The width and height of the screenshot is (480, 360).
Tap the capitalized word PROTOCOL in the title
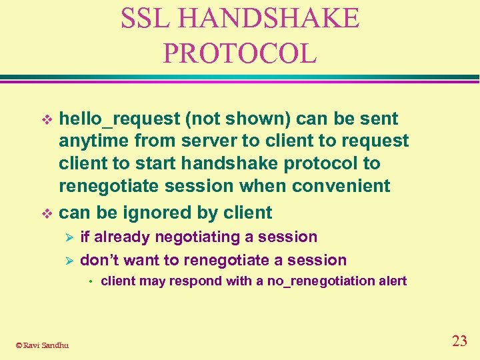(x=239, y=53)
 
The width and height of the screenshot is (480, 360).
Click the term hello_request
(x=119, y=119)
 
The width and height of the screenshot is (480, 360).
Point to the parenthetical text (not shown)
(x=237, y=119)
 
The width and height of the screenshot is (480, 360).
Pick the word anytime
(x=94, y=141)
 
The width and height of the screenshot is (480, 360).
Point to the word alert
(x=391, y=281)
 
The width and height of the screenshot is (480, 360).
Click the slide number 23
(x=459, y=341)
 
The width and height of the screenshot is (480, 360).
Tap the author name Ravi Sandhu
(x=45, y=345)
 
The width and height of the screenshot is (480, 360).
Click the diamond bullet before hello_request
(x=47, y=119)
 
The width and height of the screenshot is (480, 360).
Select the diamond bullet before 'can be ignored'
(x=47, y=213)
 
